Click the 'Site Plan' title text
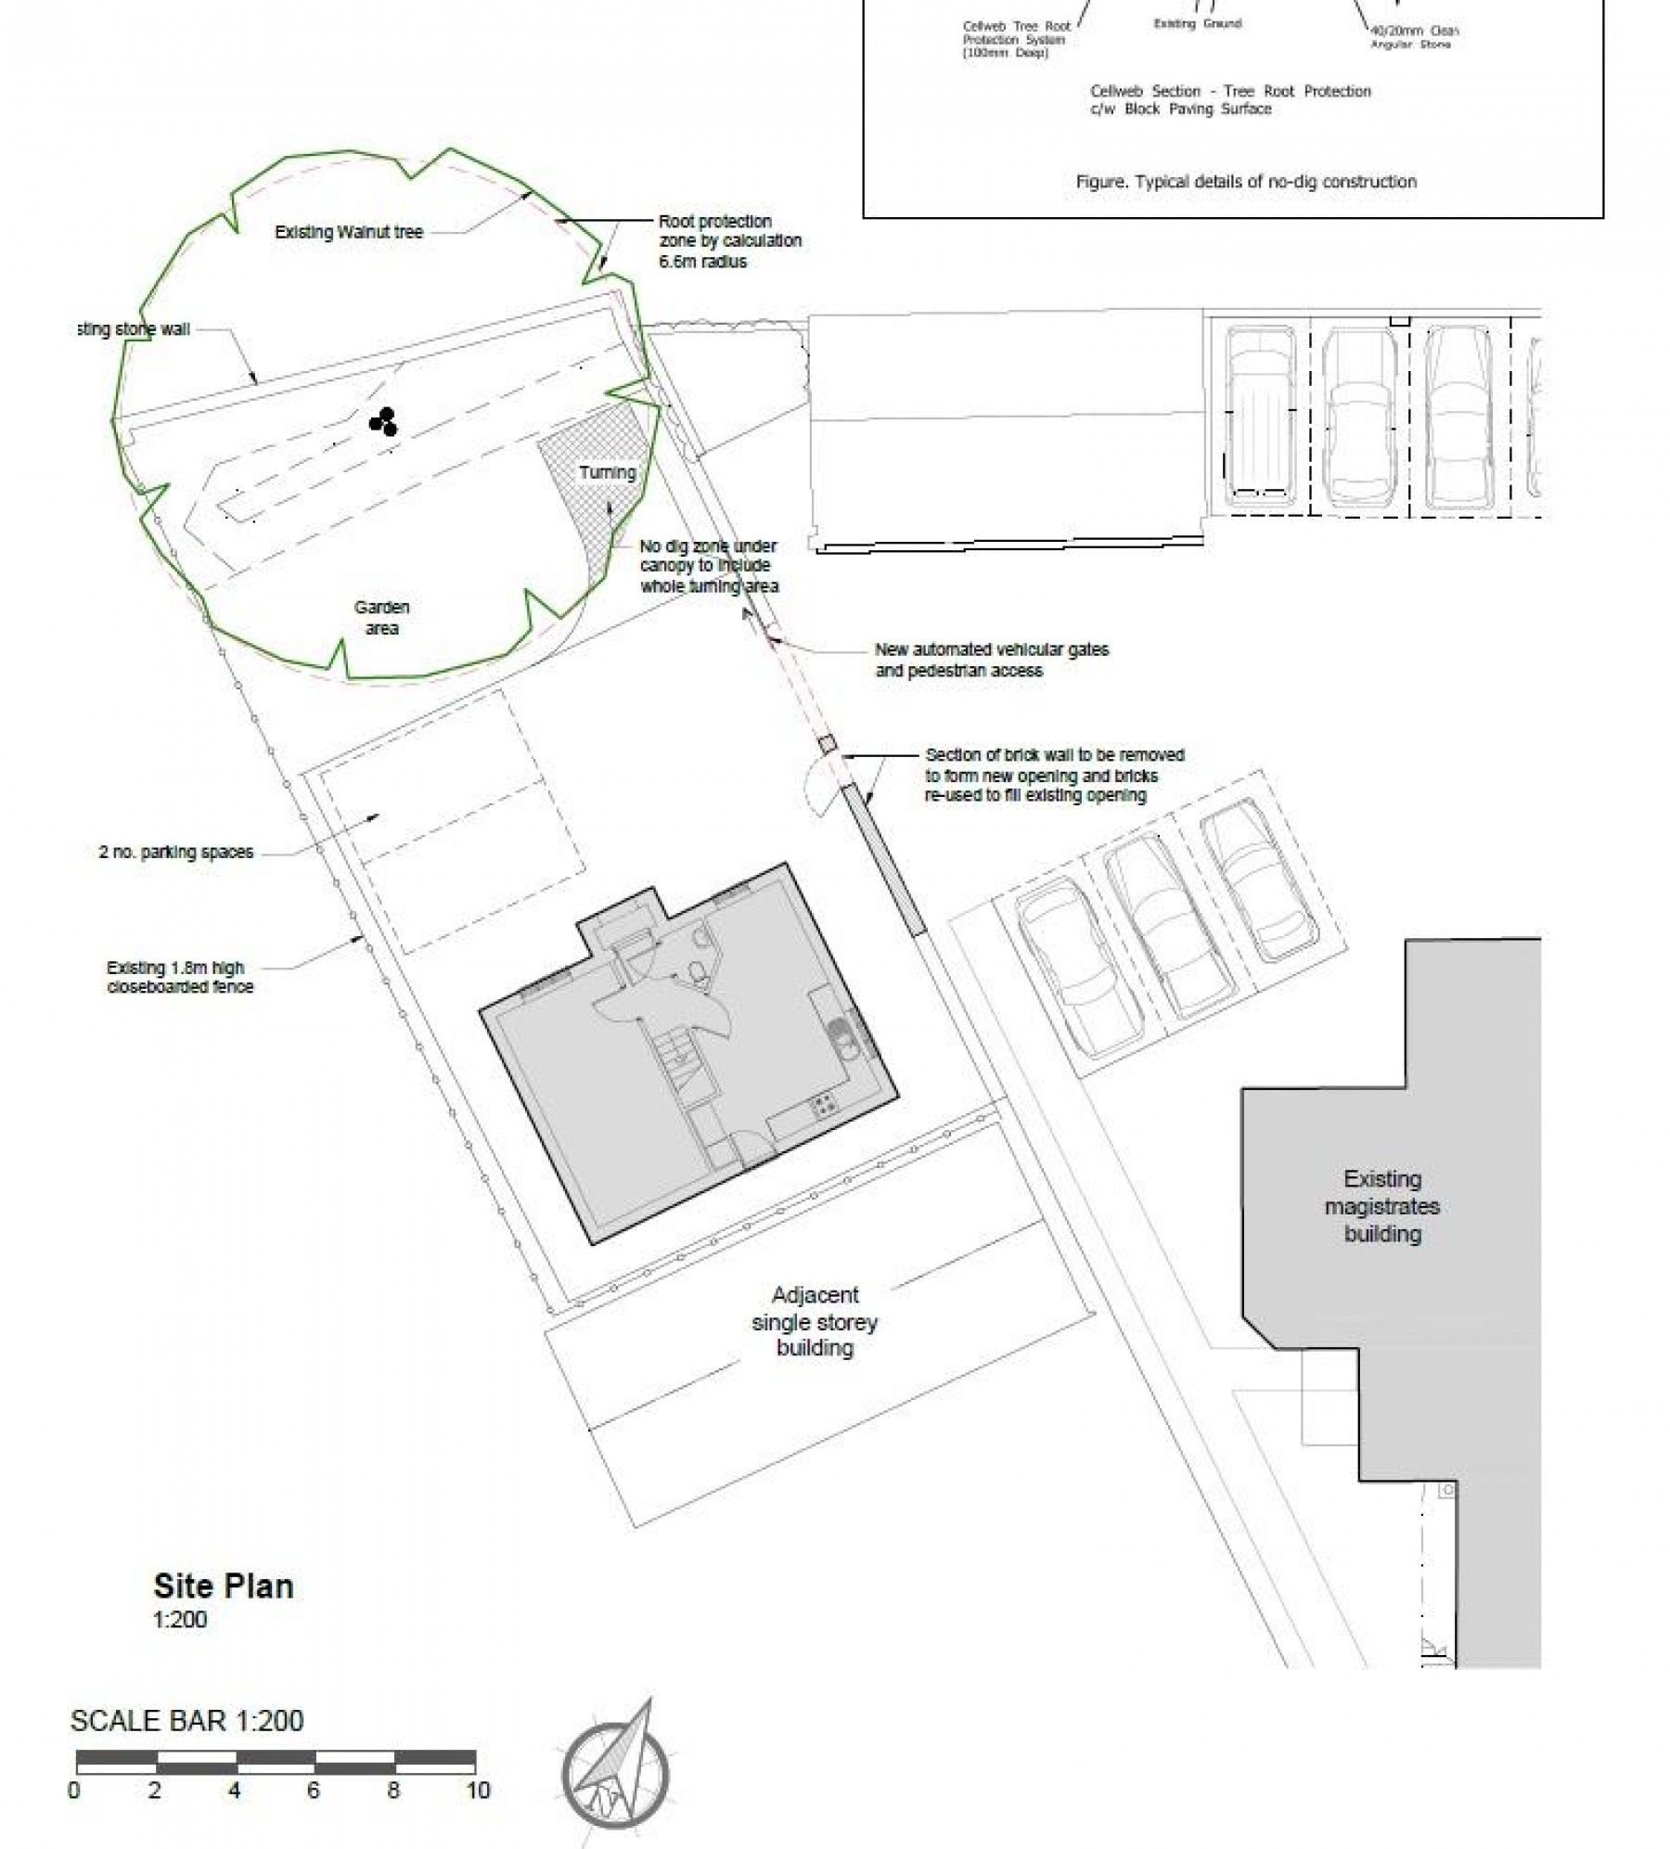tap(224, 1586)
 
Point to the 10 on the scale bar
tap(478, 1791)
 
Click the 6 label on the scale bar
tap(314, 1791)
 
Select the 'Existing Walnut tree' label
tap(349, 233)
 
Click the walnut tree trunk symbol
tap(383, 422)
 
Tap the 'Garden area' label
tap(381, 618)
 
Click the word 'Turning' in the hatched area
tap(607, 472)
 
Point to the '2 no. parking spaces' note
tap(176, 853)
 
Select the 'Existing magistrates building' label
tap(1381, 1206)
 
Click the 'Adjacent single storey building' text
tap(815, 1321)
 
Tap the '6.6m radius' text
tap(702, 263)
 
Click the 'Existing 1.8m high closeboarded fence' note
tap(180, 977)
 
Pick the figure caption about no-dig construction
tap(1245, 182)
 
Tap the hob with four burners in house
tap(822, 1105)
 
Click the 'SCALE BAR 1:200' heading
tap(186, 1721)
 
